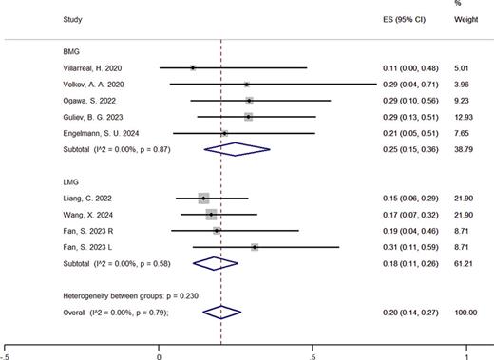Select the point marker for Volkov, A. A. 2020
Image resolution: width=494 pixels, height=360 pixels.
246,85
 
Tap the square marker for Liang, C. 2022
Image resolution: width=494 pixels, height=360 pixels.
203,198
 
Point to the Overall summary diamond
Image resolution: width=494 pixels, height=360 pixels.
220,311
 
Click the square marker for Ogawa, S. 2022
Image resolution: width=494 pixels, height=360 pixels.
249,101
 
